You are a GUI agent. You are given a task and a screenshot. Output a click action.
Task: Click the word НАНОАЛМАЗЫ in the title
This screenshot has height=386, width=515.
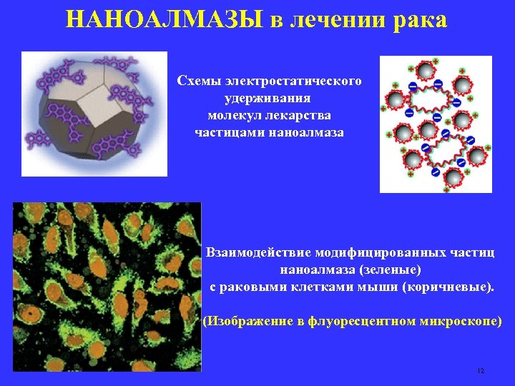click(166, 19)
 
